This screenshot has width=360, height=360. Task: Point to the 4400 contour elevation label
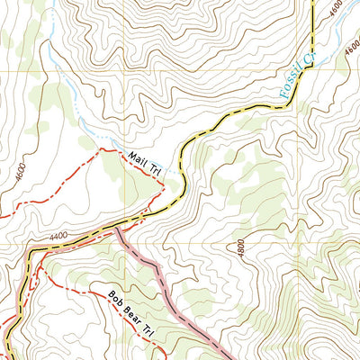[60, 237]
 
